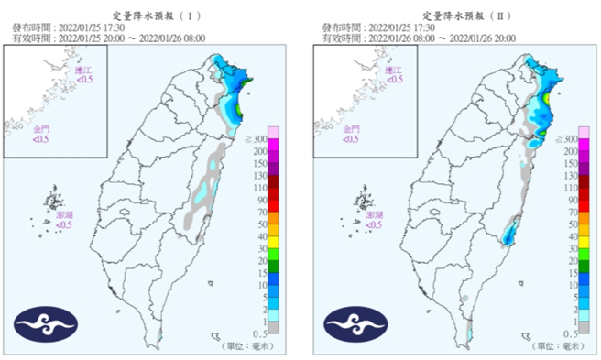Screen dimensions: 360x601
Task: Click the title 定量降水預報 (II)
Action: coord(456,16)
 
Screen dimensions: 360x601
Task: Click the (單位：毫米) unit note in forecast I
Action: coord(247,346)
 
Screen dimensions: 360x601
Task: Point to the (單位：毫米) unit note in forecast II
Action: coord(557,346)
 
